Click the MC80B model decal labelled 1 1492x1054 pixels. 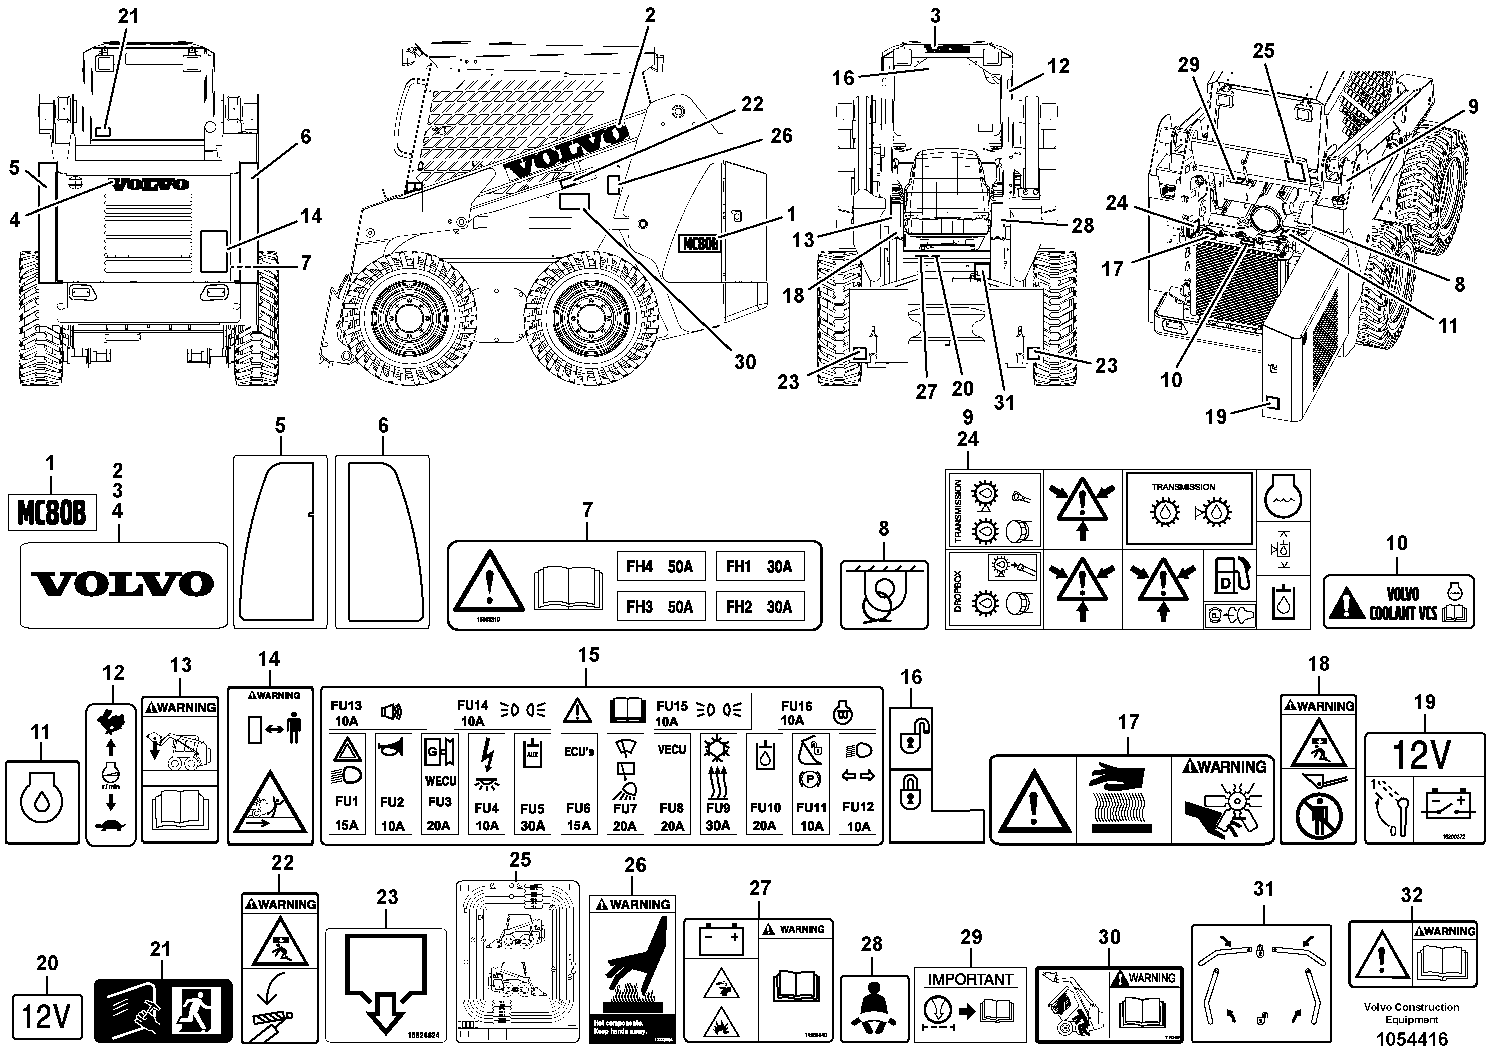[x=52, y=513]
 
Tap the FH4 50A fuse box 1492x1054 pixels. [x=660, y=567]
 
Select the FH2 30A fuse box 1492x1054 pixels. [x=759, y=607]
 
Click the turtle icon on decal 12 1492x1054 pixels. [x=110, y=826]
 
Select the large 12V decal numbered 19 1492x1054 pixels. [x=1424, y=787]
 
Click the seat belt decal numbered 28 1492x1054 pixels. [x=874, y=1008]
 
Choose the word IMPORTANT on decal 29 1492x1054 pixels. [x=970, y=979]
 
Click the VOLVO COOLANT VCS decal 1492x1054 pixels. [x=1398, y=602]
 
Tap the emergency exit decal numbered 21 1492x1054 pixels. [x=163, y=1010]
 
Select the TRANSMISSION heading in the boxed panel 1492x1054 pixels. [x=1183, y=487]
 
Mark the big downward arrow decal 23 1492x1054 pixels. [x=385, y=983]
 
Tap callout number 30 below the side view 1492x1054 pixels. [x=745, y=362]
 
